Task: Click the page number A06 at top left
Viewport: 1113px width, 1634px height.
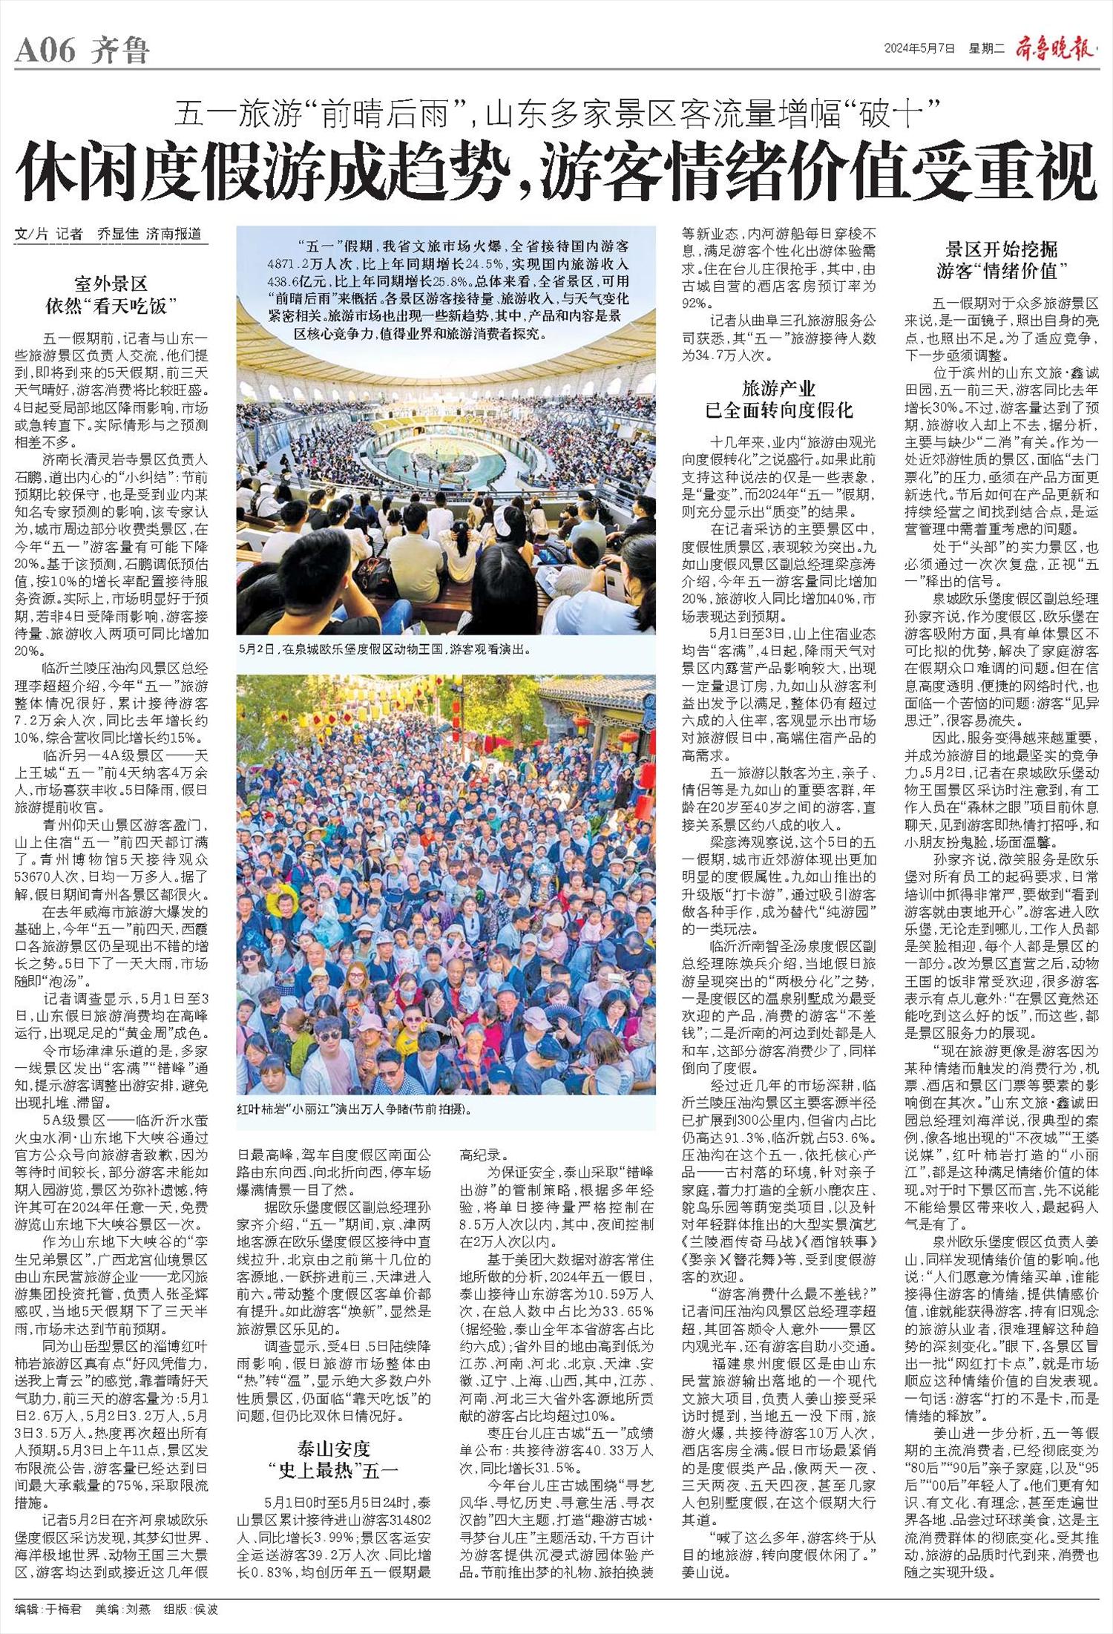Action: [x=45, y=51]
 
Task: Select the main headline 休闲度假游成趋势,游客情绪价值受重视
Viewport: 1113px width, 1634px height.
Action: [x=556, y=171]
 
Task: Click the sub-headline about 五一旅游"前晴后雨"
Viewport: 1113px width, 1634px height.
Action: [x=557, y=115]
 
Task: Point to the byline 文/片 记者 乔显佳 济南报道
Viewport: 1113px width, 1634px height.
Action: [x=108, y=233]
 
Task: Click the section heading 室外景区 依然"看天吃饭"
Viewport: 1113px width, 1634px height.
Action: [x=111, y=294]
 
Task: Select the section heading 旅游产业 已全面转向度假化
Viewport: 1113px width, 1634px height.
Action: [x=778, y=398]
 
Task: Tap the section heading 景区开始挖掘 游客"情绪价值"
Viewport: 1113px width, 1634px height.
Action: [x=1001, y=260]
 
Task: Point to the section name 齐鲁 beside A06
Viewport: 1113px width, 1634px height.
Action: [x=121, y=51]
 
